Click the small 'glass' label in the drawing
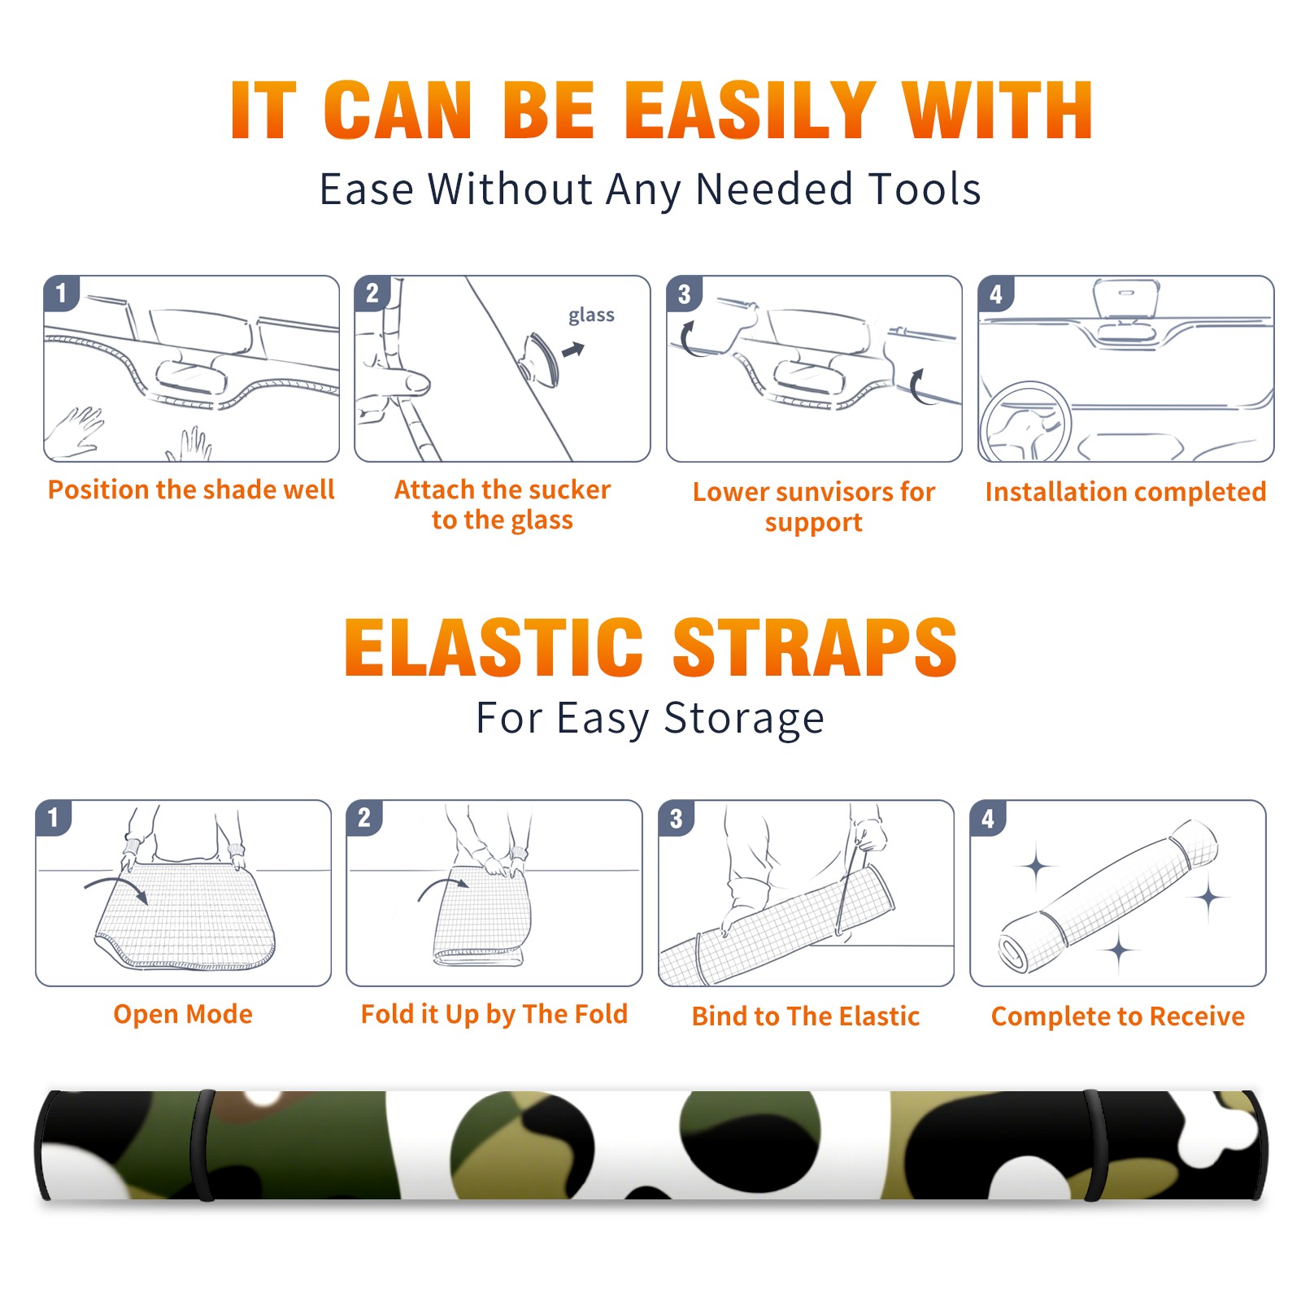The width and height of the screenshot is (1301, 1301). pos(591,315)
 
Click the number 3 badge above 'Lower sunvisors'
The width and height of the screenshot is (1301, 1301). pos(684,294)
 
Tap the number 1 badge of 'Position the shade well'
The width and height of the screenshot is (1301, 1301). pos(62,293)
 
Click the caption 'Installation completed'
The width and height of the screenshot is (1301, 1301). pos(1125,491)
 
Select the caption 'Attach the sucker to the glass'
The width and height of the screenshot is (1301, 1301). pos(503,504)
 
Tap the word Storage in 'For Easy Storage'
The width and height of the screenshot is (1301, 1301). pos(744,719)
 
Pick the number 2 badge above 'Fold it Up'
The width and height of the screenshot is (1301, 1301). pos(364,817)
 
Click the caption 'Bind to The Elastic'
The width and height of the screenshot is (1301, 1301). pos(806,1016)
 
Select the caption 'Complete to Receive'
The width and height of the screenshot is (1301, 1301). pos(1118,1016)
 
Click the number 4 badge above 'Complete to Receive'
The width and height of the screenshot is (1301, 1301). pos(988,817)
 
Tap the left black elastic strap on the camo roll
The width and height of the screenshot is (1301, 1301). pos(203,1145)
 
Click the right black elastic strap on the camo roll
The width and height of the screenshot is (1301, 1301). pos(1094,1145)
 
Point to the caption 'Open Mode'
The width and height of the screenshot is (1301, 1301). pos(183,1014)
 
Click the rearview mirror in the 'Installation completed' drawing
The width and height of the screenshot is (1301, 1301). pos(1126,299)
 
